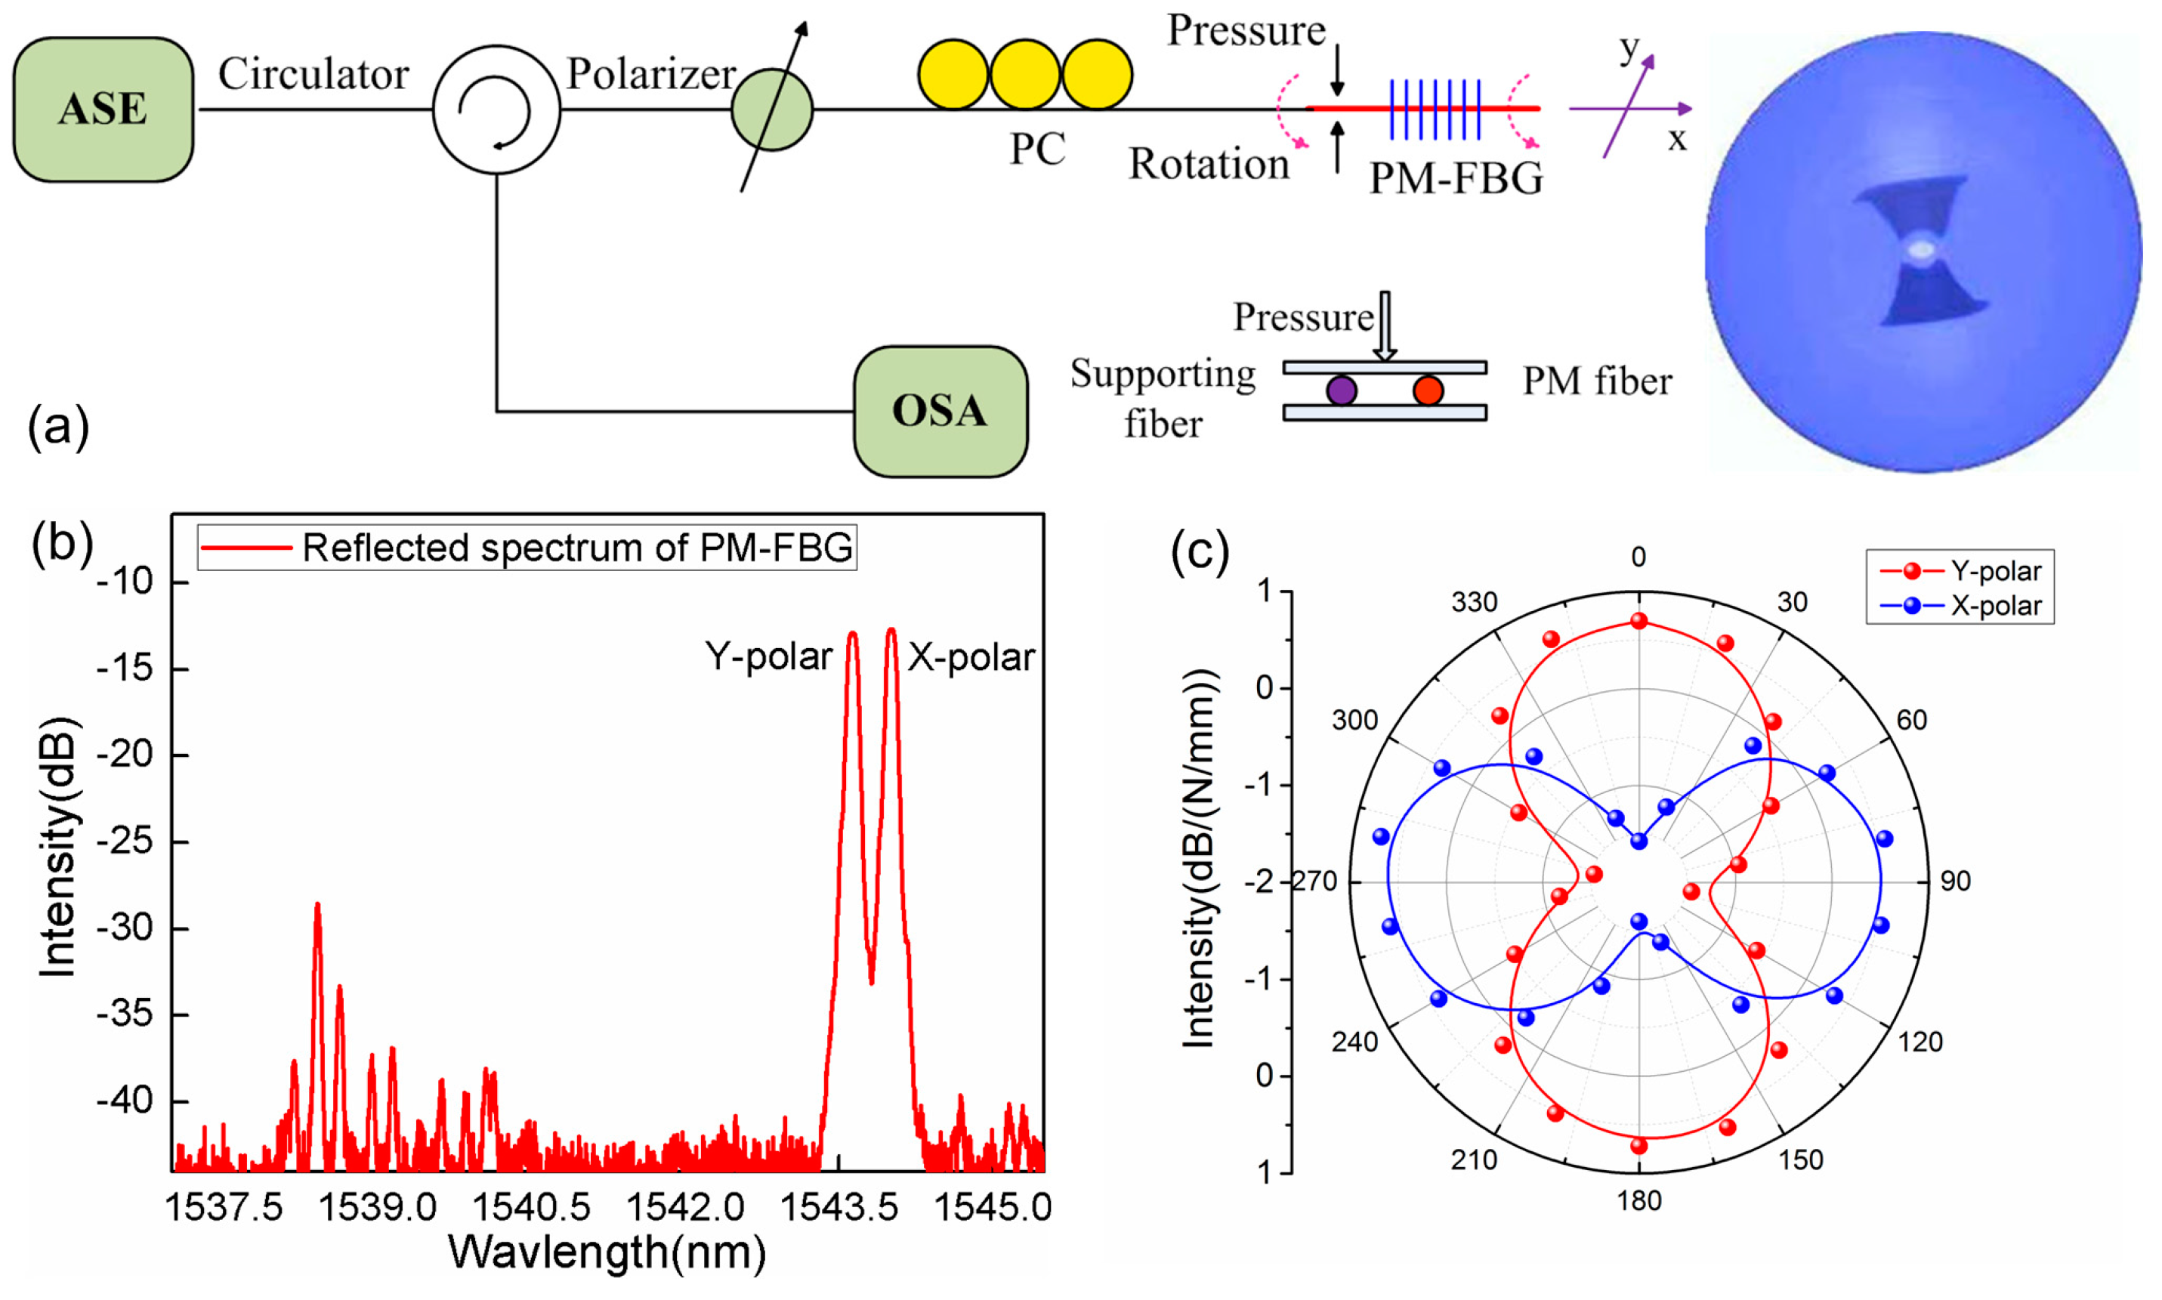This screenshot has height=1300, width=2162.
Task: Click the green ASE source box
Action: (103, 110)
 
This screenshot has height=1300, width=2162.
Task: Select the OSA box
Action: (940, 411)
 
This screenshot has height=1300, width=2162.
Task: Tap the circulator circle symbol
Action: (496, 110)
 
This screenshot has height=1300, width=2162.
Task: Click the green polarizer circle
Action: (772, 110)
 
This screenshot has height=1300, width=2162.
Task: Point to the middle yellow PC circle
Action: (1025, 75)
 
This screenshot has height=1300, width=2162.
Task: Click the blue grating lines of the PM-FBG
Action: (1434, 110)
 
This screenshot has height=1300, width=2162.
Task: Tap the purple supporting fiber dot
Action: (1340, 390)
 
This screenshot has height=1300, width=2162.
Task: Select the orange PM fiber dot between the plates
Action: (1428, 390)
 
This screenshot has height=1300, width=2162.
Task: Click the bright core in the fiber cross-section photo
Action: (1922, 251)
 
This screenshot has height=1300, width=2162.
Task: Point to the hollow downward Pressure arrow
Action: (1385, 326)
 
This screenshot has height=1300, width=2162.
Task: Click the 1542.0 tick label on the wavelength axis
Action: (685, 1208)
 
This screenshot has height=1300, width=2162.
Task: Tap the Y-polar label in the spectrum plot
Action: (768, 656)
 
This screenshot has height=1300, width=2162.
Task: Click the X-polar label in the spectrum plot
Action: (971, 657)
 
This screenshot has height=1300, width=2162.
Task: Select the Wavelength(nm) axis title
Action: (607, 1252)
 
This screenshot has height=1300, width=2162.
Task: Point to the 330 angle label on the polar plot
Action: (1475, 602)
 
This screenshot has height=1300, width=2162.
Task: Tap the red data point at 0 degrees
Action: (1639, 621)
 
